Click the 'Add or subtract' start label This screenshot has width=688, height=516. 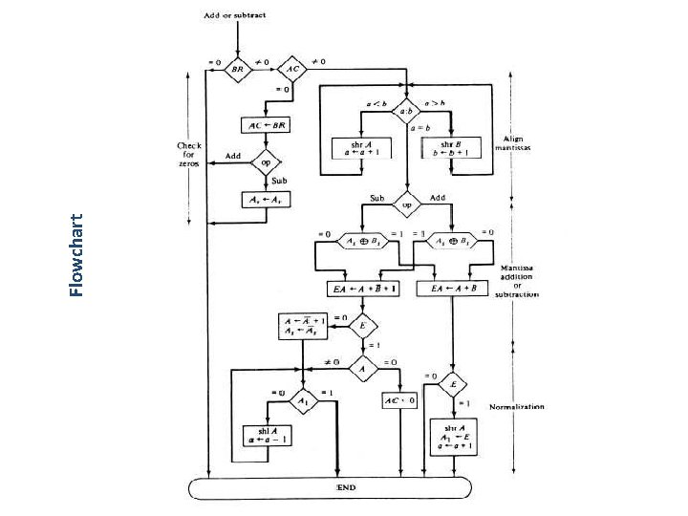[235, 16]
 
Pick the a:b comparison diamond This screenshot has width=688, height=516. [406, 110]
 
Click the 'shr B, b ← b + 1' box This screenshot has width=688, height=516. [455, 148]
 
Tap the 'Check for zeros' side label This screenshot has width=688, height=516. [189, 154]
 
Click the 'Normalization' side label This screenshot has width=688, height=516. [517, 406]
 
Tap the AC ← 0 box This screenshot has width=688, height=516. [399, 400]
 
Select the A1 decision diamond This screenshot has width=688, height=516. [303, 400]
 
